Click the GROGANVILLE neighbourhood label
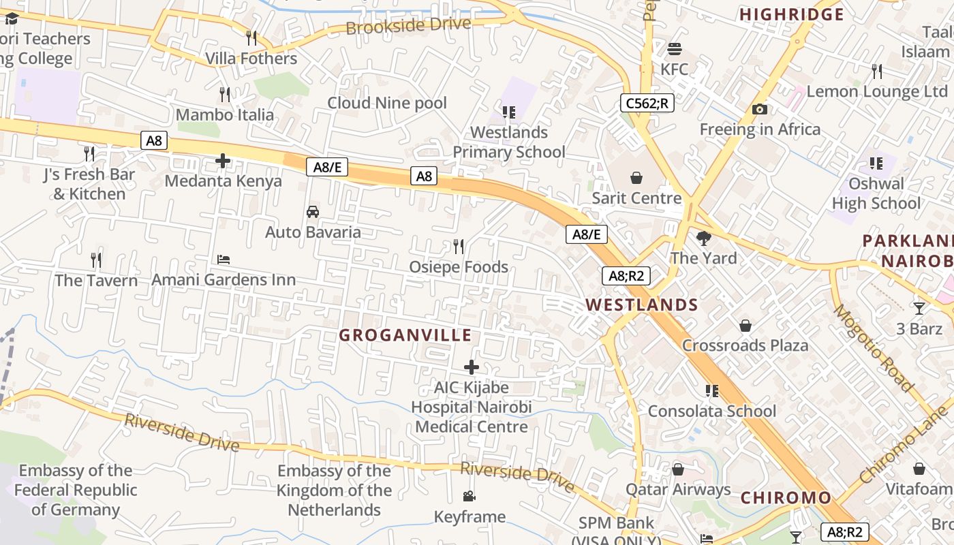(x=405, y=335)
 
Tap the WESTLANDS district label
(x=642, y=305)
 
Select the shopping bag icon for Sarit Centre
(x=636, y=178)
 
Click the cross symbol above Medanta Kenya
(x=223, y=161)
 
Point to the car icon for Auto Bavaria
(x=313, y=212)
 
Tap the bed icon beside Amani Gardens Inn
(x=224, y=260)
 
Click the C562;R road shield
(x=647, y=103)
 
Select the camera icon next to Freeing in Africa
(x=760, y=109)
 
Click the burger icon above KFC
(x=675, y=49)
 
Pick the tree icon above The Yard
(x=704, y=238)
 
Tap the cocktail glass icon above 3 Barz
(x=919, y=309)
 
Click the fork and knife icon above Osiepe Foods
(x=459, y=246)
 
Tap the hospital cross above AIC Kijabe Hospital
(x=471, y=367)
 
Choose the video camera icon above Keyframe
(x=470, y=497)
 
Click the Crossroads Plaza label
(x=745, y=345)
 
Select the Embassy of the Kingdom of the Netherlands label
(x=334, y=490)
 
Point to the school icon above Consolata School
(x=712, y=391)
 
